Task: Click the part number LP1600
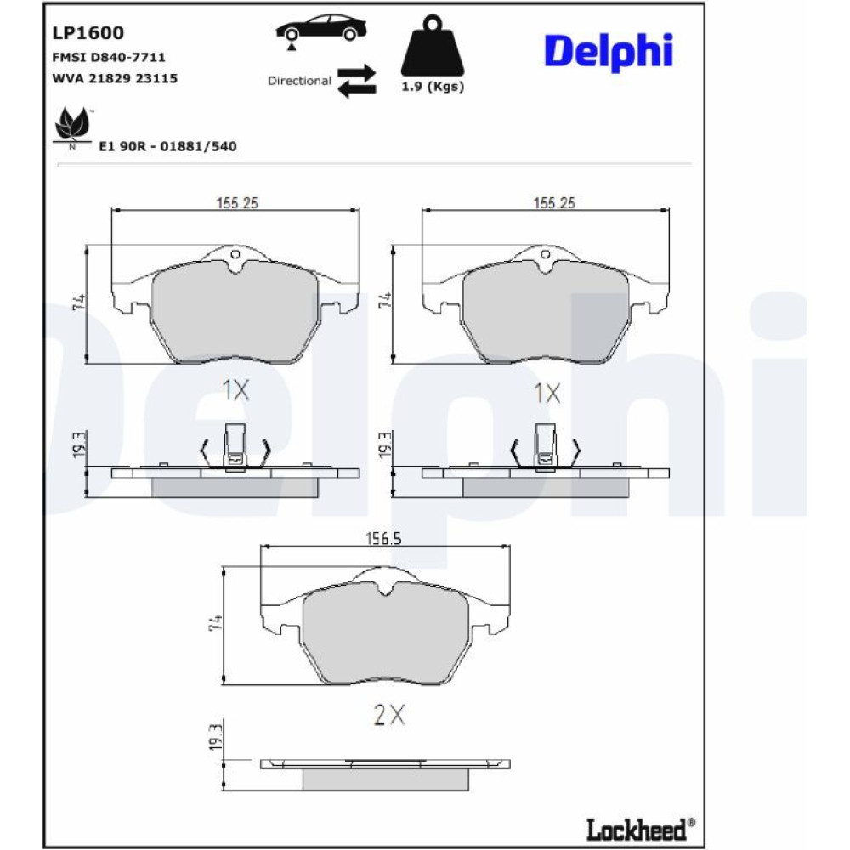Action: [88, 33]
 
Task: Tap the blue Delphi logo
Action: [609, 52]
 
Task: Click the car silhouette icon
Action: [321, 29]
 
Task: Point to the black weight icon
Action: [432, 46]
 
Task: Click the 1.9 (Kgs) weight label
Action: [433, 86]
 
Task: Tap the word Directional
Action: [299, 81]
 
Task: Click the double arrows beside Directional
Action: [357, 82]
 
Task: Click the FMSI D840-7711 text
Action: [109, 57]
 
